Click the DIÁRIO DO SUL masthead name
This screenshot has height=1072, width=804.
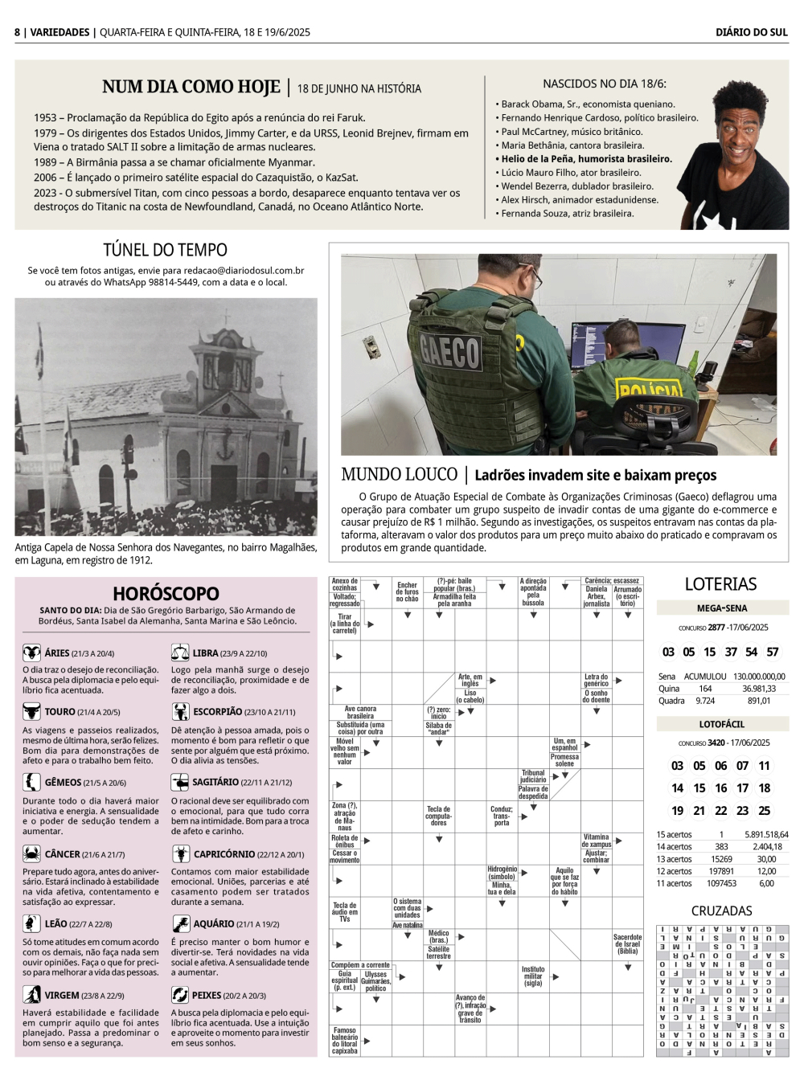click(751, 32)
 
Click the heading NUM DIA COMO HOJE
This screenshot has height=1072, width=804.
click(191, 87)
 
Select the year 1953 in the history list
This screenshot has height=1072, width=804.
click(45, 117)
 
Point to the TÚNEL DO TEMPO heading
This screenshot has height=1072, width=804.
click(165, 250)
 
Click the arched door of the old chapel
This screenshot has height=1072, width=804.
click(223, 482)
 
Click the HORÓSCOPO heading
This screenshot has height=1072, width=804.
click(166, 594)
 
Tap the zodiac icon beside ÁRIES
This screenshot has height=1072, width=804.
click(31, 653)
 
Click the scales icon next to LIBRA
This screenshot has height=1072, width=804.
click(180, 653)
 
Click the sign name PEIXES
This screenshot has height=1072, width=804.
click(207, 996)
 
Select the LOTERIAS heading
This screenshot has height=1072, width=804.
click(720, 584)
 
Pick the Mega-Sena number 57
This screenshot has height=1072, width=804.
click(772, 652)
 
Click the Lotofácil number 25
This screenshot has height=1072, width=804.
click(764, 811)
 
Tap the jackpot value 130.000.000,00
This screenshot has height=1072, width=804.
click(759, 677)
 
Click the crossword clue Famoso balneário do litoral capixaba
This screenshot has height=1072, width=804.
click(344, 1041)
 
